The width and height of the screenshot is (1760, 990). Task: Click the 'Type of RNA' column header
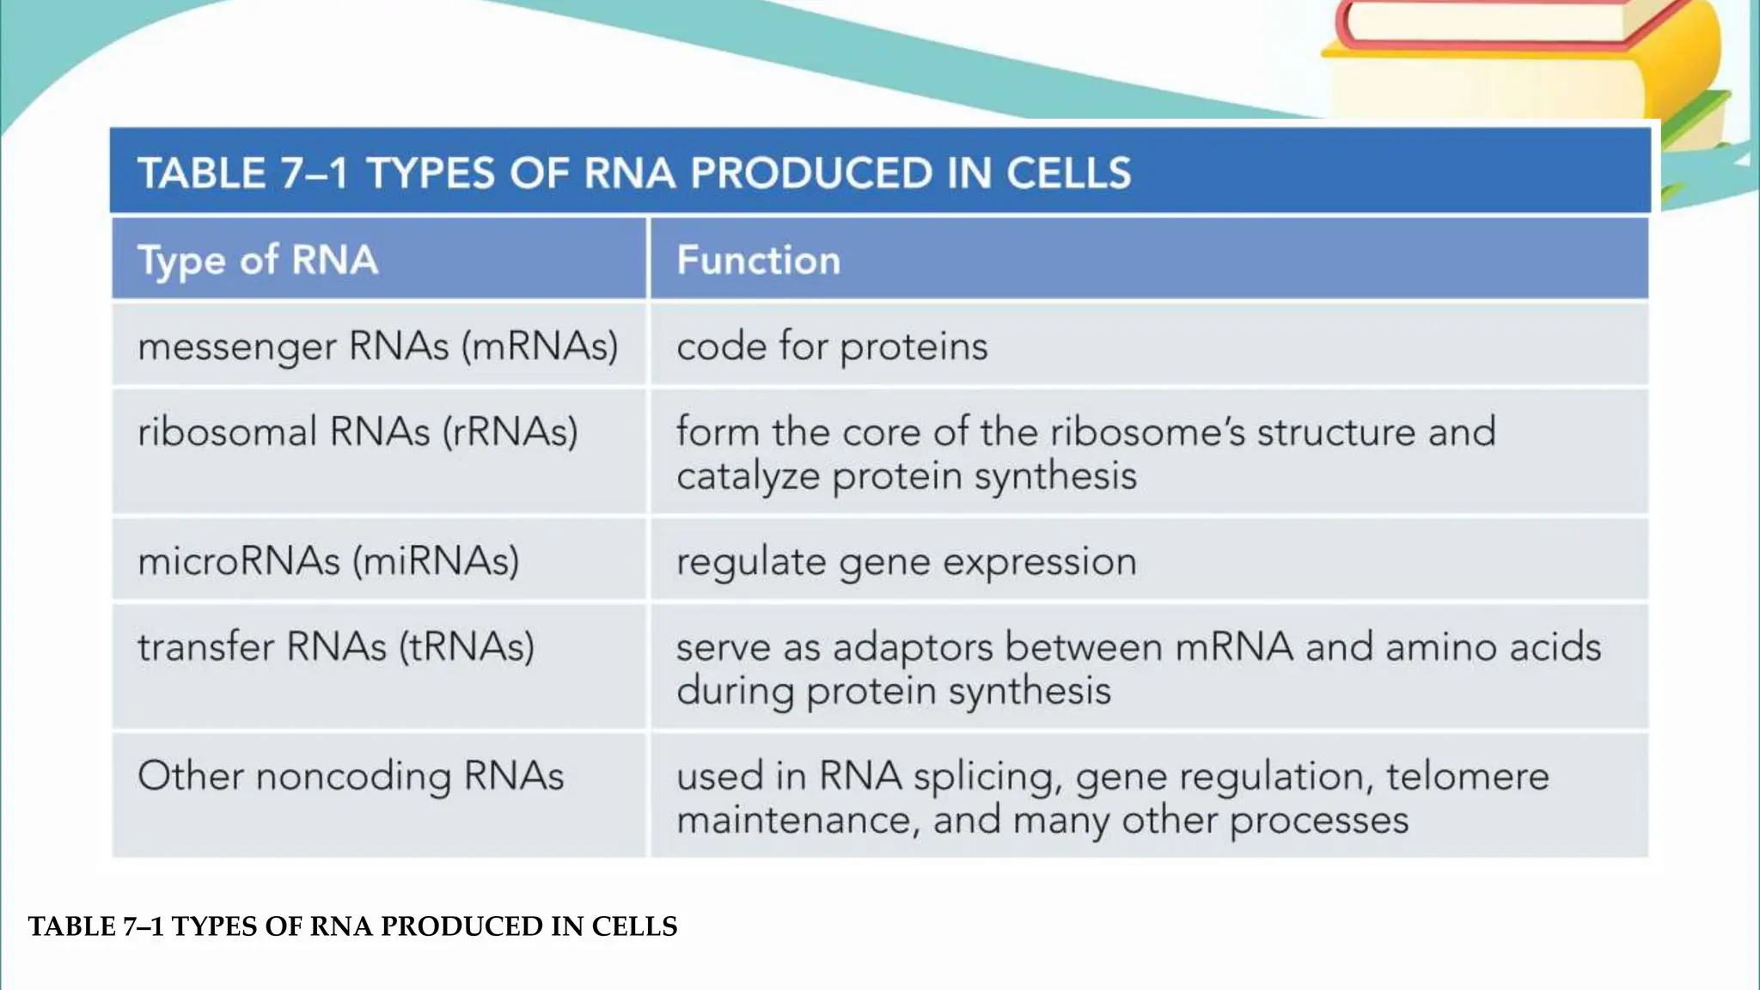tap(258, 260)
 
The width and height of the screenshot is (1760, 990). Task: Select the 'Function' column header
tap(758, 260)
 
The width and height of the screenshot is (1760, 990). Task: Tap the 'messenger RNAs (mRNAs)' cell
tap(378, 346)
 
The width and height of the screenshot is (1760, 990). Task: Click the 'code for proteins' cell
tap(832, 346)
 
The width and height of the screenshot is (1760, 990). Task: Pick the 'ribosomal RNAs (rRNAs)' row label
tap(357, 431)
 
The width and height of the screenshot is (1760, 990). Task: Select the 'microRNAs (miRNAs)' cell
tap(328, 561)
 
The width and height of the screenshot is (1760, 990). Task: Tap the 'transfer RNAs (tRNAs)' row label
tap(336, 646)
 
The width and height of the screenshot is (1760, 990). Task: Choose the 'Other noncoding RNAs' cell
tap(351, 776)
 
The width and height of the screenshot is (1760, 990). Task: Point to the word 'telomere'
tap(1467, 776)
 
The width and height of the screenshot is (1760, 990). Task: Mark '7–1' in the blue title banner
tap(314, 173)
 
